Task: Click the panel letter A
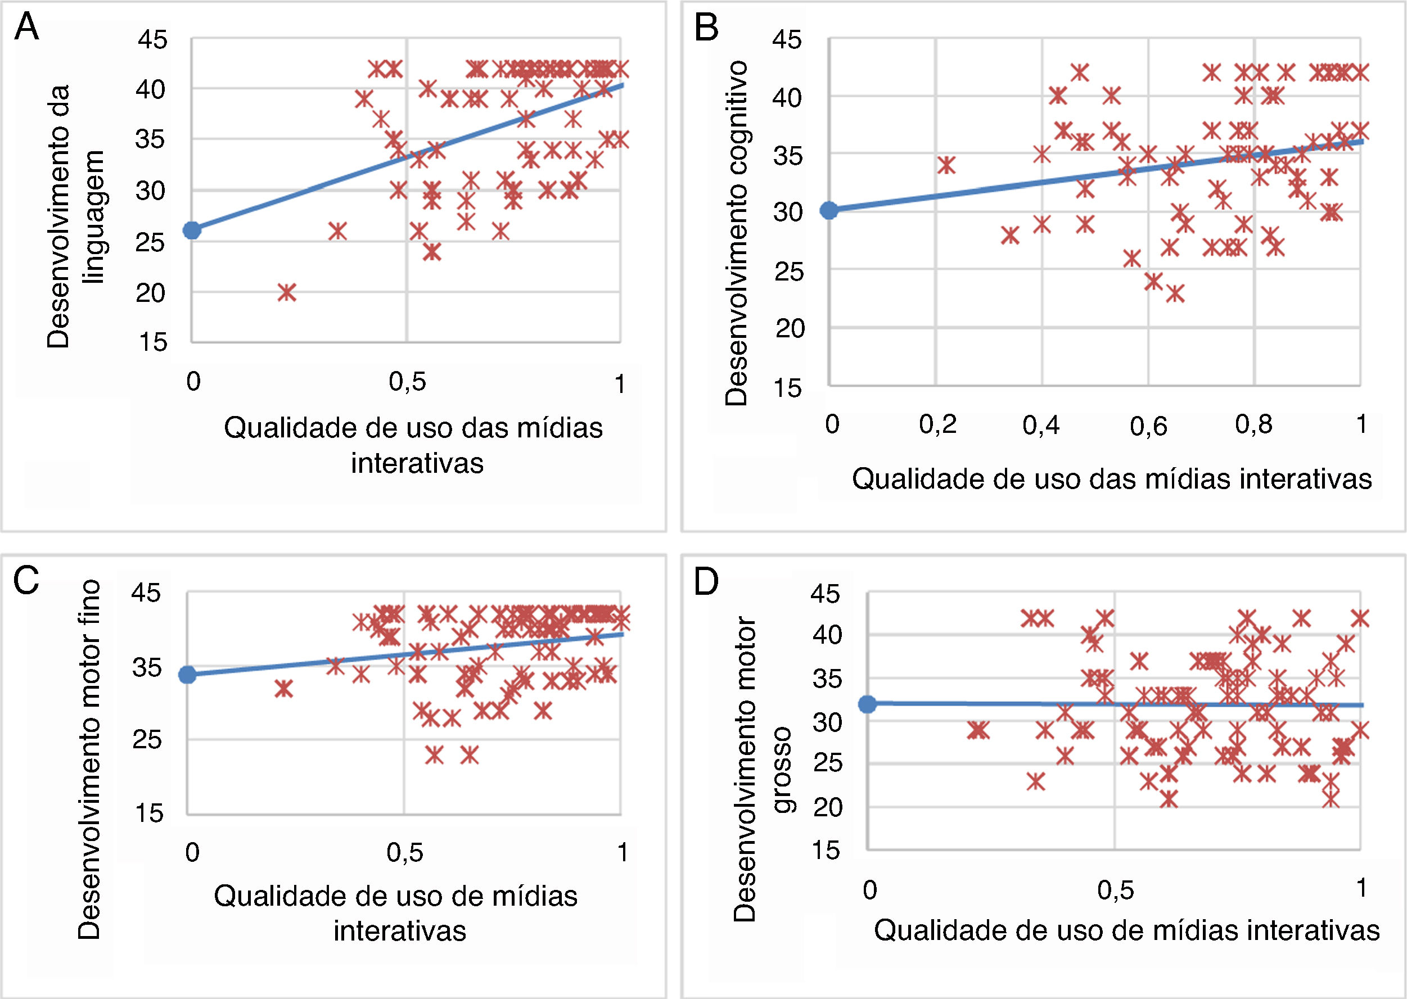26,28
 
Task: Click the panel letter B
706,28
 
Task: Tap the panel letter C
26,580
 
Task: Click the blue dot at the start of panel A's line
192,230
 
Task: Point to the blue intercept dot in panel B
829,210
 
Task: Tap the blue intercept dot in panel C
188,675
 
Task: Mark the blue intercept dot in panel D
868,704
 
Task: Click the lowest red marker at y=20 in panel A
287,292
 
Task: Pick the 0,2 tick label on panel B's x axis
937,424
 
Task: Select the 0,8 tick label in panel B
1253,424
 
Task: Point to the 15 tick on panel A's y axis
152,342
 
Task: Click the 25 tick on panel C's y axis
146,739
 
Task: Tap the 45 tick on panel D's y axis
825,594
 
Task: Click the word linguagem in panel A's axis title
94,216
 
